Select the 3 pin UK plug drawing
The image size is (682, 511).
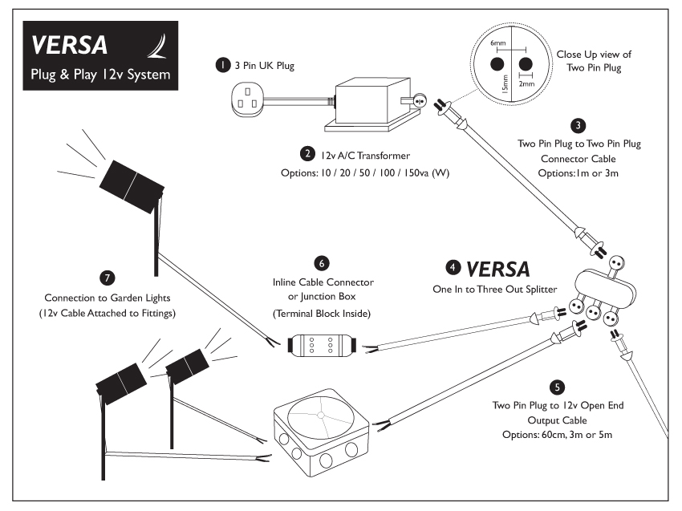[246, 101]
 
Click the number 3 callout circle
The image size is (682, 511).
[578, 125]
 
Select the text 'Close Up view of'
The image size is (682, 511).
[594, 55]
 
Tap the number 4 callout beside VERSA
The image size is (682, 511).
[453, 267]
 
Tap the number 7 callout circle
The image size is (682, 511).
[107, 277]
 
